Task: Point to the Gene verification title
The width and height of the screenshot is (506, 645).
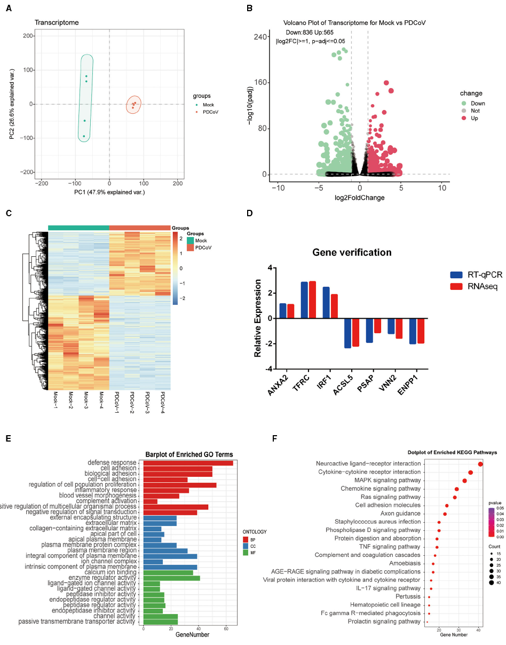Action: [352, 253]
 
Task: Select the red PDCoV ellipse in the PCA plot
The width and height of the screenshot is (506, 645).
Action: [133, 105]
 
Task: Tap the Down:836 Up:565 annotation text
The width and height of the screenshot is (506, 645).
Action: [310, 33]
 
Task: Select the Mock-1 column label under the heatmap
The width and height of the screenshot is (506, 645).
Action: [56, 402]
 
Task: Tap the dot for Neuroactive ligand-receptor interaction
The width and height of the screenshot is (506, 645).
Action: [480, 464]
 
